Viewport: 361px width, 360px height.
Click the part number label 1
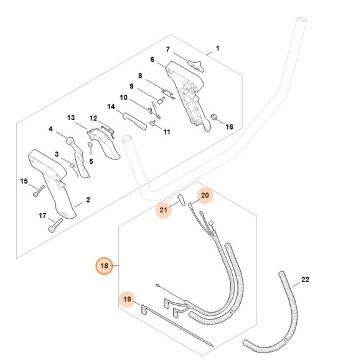(217, 49)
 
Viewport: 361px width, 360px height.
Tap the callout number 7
(167, 49)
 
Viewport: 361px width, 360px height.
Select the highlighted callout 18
(104, 266)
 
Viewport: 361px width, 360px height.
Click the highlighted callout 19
(128, 300)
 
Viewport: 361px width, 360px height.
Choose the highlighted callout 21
(164, 210)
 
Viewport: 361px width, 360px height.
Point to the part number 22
(304, 279)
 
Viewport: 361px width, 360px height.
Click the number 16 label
(229, 126)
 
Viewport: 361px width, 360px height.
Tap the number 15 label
(24, 181)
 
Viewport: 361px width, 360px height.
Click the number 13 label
(71, 118)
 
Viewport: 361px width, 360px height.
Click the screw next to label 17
(57, 224)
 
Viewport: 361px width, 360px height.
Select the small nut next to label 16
(214, 117)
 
